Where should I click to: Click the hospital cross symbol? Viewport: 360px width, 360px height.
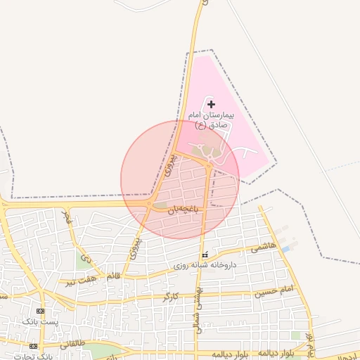pyautogui.click(x=212, y=104)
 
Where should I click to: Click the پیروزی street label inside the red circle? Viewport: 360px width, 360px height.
pyautogui.click(x=168, y=164)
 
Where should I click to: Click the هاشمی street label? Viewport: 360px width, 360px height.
pyautogui.click(x=264, y=247)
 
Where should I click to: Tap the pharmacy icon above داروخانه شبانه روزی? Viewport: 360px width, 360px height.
pyautogui.click(x=205, y=255)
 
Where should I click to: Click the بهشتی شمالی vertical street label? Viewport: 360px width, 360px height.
pyautogui.click(x=200, y=309)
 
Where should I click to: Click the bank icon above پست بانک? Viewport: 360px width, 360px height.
pyautogui.click(x=40, y=311)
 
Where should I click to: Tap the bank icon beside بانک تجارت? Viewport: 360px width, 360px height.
pyautogui.click(x=33, y=346)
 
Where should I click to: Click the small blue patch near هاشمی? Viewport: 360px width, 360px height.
pyautogui.click(x=285, y=249)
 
